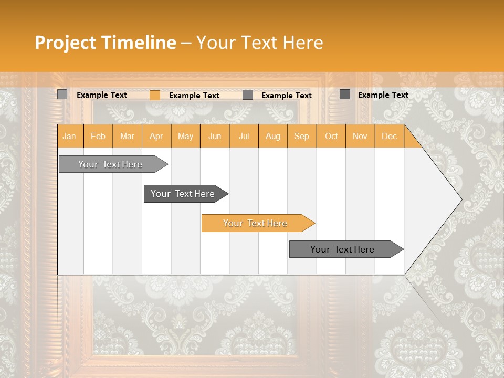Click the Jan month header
(70, 136)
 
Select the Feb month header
(98, 136)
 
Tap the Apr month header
(156, 136)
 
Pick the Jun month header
(215, 136)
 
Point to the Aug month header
(273, 136)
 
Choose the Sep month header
(302, 136)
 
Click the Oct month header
(331, 136)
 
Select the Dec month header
(390, 136)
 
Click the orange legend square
(155, 95)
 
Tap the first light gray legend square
(62, 94)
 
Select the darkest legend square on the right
(345, 94)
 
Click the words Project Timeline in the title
(105, 43)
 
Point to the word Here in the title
(303, 43)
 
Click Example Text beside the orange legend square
(194, 96)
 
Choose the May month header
(185, 136)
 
